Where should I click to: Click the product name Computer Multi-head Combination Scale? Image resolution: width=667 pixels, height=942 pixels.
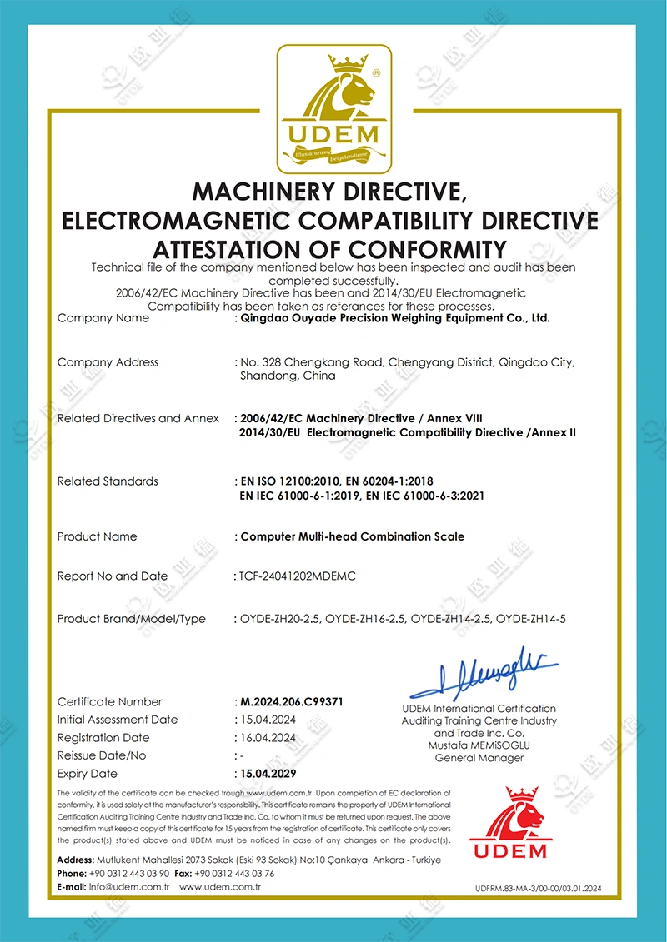[353, 536]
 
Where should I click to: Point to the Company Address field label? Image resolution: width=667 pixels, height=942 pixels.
[108, 362]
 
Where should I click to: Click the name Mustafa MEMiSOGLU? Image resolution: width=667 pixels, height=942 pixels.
[479, 745]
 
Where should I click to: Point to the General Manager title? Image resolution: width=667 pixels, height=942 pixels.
[479, 758]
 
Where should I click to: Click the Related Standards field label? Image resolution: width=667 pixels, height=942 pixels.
[108, 481]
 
